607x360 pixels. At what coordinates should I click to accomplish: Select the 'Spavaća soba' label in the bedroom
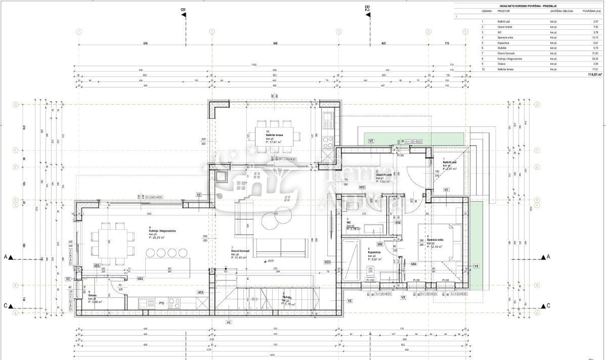435,240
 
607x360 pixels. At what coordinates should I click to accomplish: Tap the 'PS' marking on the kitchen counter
162,303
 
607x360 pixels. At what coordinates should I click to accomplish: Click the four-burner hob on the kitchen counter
174,303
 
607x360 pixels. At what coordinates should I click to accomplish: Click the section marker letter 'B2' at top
368,8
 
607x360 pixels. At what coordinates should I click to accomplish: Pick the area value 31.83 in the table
595,53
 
